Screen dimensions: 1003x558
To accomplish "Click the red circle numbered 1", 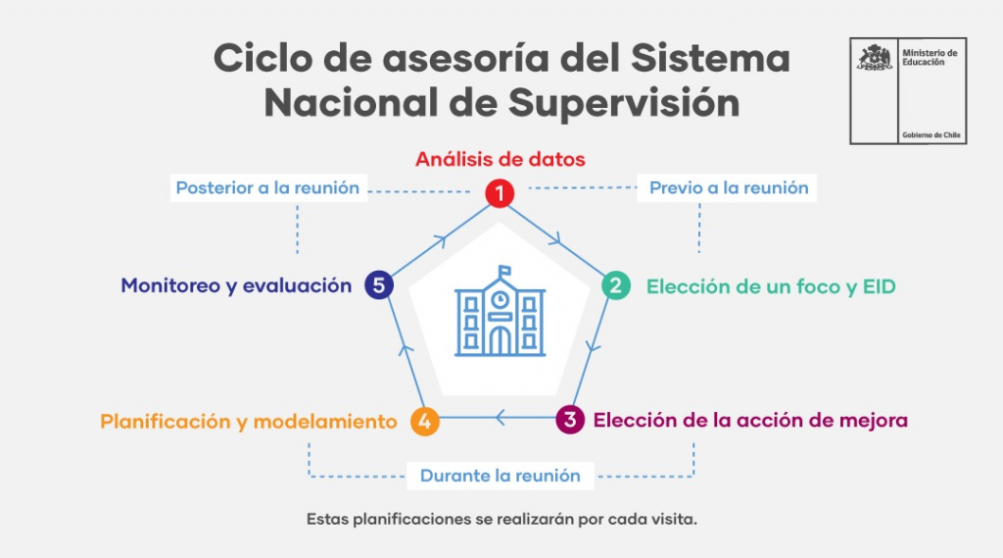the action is coord(500,193).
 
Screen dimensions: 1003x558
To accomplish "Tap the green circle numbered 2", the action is coord(616,285).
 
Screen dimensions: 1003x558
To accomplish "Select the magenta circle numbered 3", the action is coord(570,420).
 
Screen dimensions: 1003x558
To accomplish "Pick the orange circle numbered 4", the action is coord(425,421).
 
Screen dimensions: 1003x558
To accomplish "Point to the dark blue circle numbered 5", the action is coord(379,285).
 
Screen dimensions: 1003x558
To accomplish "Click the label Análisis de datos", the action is coord(501,159).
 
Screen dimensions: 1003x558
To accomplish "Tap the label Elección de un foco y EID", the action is coord(771,286).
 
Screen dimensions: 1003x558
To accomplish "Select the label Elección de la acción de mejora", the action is coord(750,421).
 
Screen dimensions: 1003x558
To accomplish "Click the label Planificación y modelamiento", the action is coord(248,422).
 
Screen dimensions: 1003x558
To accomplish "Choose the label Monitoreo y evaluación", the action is coord(236,285).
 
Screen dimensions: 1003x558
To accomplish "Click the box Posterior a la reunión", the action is coord(268,187).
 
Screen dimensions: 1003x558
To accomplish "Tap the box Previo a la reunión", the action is coord(728,187).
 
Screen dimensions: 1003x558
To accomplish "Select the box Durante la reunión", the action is coord(501,476).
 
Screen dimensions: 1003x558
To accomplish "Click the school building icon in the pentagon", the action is coord(501,312).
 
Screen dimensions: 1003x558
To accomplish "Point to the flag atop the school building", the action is coord(504,272).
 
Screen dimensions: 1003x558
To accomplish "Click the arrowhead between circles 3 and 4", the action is coord(501,418).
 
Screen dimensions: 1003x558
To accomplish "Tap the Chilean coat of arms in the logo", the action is coord(875,57).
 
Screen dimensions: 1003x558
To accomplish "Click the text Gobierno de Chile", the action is coord(931,135).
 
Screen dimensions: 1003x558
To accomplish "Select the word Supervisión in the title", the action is coord(624,103).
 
